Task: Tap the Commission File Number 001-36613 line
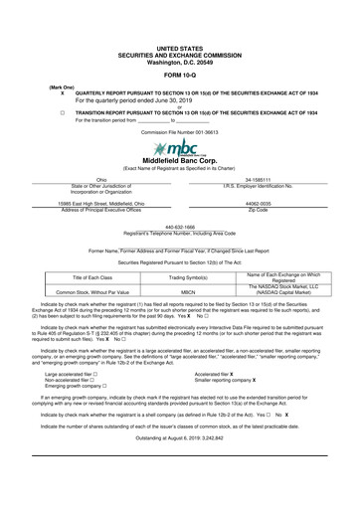point(179,130)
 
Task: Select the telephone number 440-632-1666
point(179,226)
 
